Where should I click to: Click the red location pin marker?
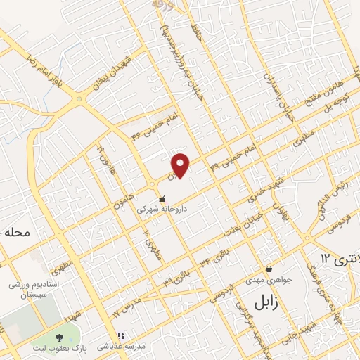[x=181, y=165]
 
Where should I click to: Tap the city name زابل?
[x=262, y=302]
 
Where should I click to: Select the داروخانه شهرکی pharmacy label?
[x=162, y=210]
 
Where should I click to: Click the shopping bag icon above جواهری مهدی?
[x=269, y=268]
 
